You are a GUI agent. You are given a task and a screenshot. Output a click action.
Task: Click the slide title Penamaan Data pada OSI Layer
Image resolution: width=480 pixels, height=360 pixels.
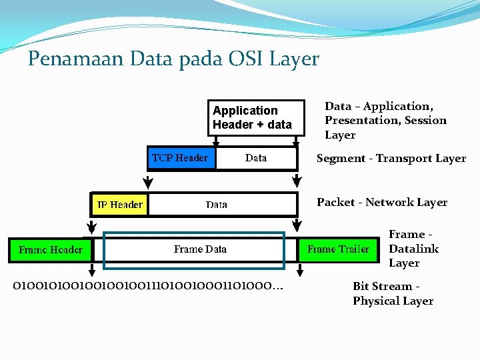point(173,59)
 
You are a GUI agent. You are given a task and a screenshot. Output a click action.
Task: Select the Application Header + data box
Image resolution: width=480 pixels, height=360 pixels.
point(251,118)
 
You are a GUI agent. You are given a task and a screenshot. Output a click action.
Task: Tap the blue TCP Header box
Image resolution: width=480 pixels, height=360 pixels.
point(180,158)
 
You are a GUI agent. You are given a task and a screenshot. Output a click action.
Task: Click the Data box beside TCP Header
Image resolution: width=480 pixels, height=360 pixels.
point(256,158)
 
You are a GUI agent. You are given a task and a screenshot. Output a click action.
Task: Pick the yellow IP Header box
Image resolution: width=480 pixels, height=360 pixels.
point(120,204)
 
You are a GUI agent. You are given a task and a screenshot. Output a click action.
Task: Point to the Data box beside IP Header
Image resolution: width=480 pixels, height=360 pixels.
point(217,204)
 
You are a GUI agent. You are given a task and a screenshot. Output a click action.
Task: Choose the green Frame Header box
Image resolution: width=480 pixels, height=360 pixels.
point(51,249)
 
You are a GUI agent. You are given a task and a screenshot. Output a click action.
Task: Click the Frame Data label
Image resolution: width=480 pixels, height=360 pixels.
point(200,249)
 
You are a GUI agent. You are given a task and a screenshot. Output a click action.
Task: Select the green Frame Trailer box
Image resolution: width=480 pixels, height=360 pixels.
point(338,249)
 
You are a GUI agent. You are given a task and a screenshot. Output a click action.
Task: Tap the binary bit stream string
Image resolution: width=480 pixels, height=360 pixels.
point(147,286)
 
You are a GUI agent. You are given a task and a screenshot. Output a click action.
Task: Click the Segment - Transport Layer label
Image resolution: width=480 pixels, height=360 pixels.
point(391,159)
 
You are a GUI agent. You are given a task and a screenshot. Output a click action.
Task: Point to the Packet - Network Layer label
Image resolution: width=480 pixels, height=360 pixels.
point(382,202)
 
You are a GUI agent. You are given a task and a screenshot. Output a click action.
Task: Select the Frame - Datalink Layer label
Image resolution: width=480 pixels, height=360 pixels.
point(413,249)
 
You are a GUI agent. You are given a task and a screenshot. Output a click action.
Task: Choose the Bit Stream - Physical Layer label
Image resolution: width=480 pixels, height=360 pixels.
point(393,293)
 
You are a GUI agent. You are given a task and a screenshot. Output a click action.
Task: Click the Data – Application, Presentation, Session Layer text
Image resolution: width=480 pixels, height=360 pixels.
point(385,121)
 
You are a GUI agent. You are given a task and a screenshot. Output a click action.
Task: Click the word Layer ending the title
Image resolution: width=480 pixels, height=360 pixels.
point(294,59)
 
